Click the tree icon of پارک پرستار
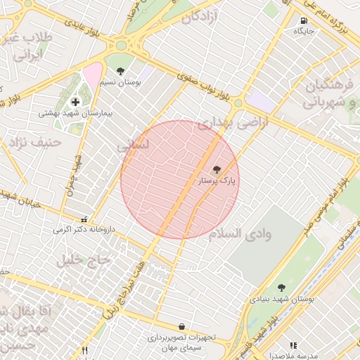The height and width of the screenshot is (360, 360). tap(216, 169)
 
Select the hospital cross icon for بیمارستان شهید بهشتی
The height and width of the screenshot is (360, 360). tap(75, 102)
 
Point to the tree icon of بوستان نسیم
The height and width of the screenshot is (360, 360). tap(121, 70)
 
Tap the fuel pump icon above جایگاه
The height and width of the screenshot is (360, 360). tap(304, 21)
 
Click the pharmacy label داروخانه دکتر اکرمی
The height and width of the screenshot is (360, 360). tap(83, 229)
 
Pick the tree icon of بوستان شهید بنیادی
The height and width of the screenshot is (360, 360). tap(281, 288)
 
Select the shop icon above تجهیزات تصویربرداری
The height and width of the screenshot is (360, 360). tap(182, 327)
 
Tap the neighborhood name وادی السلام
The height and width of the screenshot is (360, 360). tap(240, 233)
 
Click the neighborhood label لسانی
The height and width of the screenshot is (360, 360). tap(133, 146)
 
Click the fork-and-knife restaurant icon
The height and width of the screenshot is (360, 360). tap(85, 349)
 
